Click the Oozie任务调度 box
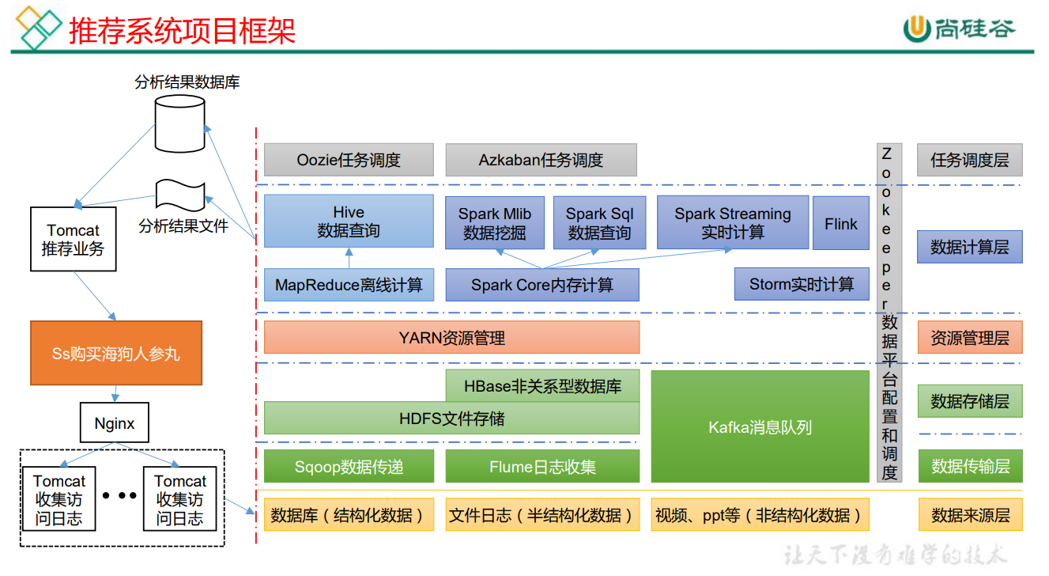point(349,160)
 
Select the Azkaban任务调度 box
point(541,160)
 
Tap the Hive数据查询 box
point(349,222)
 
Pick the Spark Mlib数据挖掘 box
point(495,223)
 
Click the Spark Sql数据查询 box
point(599,223)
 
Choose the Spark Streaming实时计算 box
point(733,223)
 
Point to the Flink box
point(841,224)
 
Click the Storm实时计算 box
point(802,284)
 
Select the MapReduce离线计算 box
point(349,285)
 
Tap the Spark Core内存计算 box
point(542,285)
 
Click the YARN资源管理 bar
point(451,338)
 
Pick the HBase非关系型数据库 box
point(542,386)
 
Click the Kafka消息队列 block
point(760,427)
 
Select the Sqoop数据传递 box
point(349,467)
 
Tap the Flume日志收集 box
point(542,467)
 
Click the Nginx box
point(115,423)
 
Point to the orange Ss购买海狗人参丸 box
point(116,353)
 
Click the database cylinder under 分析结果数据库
point(179,123)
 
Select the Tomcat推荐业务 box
point(73,239)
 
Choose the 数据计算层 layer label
point(969,247)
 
